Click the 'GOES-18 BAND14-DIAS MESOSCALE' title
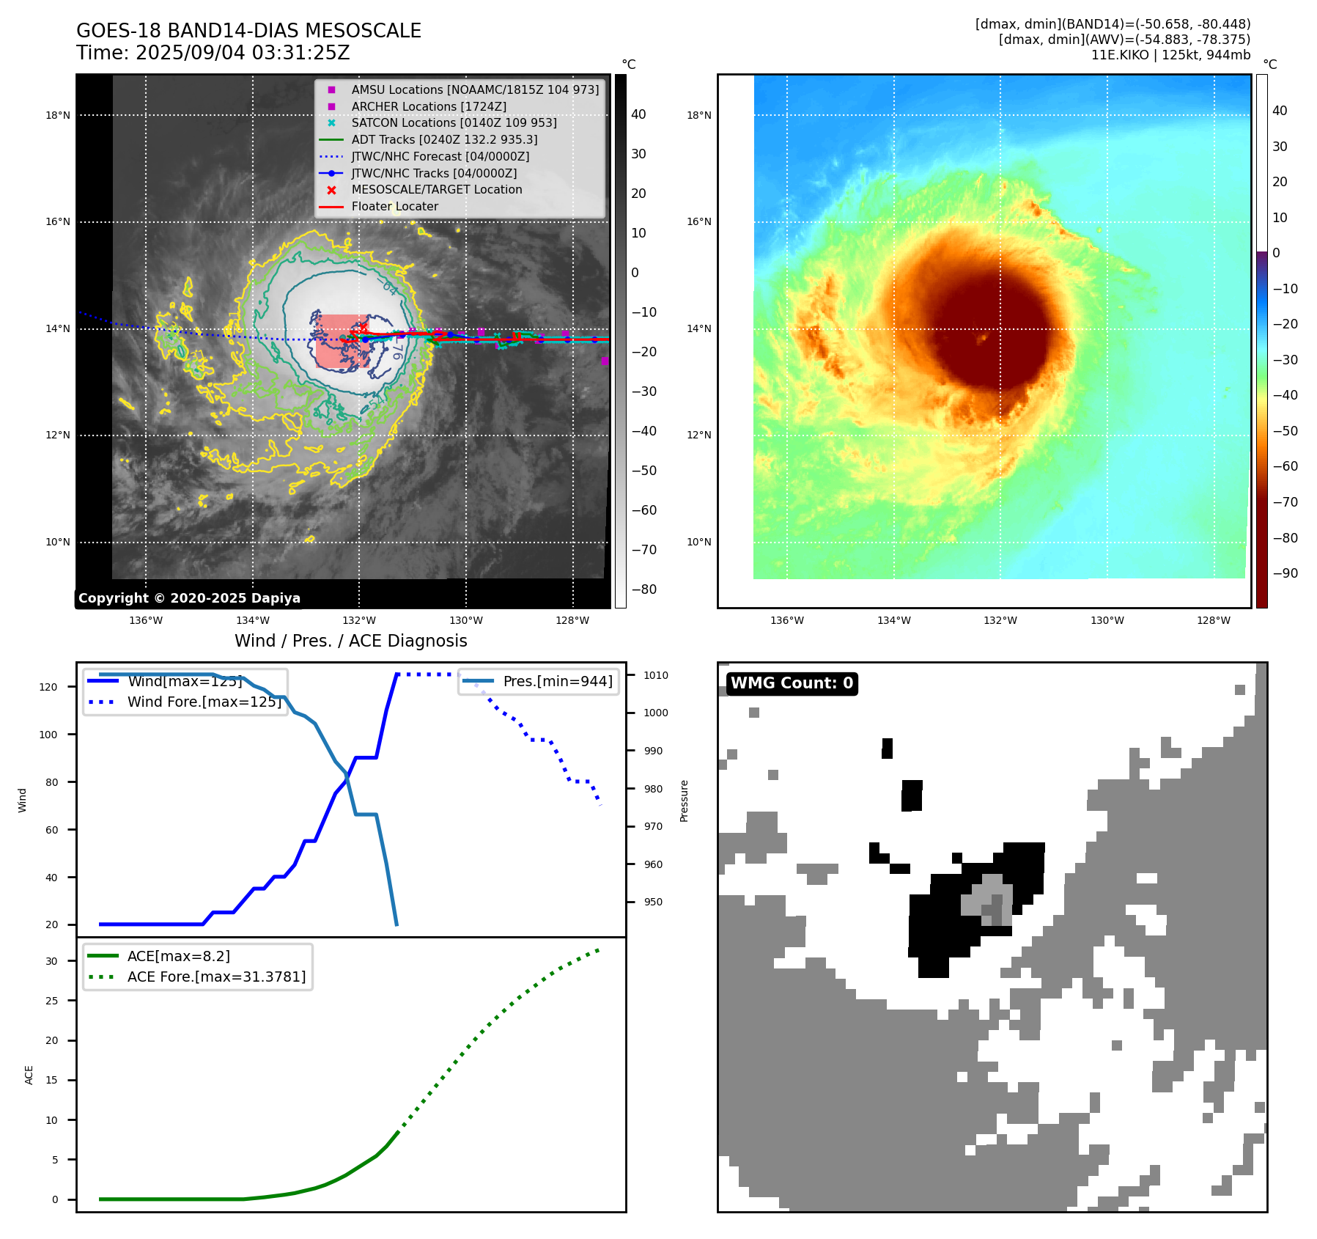[248, 31]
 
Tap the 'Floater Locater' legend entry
[394, 206]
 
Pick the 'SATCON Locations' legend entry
[454, 122]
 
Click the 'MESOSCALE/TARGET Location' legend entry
[437, 189]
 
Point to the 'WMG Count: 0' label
[792, 683]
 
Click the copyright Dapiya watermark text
[189, 598]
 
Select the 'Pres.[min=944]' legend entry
[557, 681]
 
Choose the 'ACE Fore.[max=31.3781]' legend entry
[216, 977]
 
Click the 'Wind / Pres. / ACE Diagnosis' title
[350, 641]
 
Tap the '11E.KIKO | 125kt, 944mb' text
[1170, 55]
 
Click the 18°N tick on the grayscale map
[58, 115]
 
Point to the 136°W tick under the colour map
[787, 620]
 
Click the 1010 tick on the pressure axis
[656, 675]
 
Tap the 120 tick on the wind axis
[48, 687]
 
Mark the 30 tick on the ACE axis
[51, 961]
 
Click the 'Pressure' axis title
[685, 801]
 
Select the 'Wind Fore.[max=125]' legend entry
[204, 702]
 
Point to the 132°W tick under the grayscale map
[359, 620]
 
